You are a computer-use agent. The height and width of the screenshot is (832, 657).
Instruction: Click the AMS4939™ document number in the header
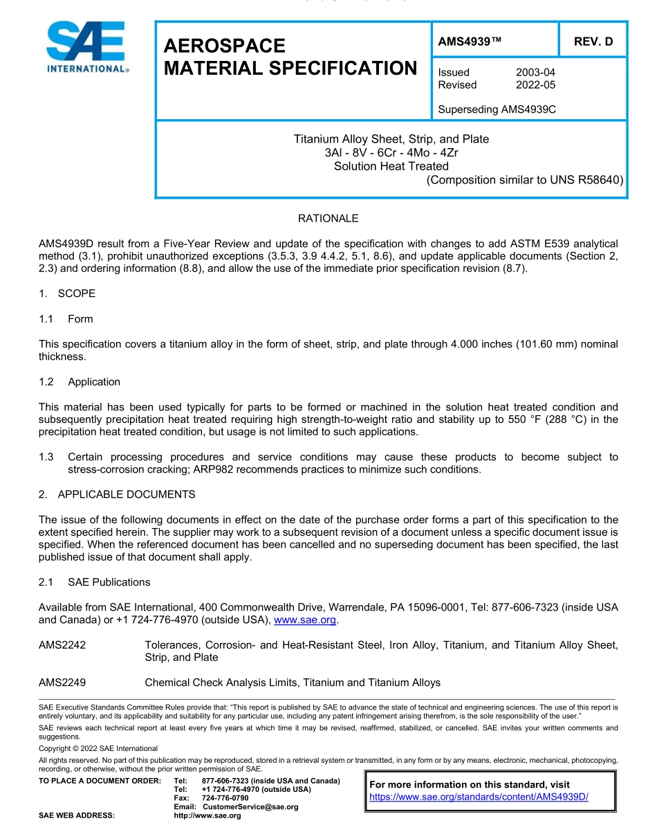(x=470, y=42)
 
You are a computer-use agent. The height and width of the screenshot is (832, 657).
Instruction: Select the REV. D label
(x=593, y=42)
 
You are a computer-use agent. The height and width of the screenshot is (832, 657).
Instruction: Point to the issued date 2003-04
(x=535, y=72)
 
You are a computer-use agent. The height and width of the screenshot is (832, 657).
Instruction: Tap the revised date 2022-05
(x=535, y=84)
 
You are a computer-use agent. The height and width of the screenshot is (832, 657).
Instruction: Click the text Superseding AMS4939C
(x=497, y=109)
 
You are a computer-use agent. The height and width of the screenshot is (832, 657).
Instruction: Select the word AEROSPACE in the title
(x=224, y=46)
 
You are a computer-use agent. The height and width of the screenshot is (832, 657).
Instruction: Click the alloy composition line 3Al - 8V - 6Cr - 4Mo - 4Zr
(x=391, y=153)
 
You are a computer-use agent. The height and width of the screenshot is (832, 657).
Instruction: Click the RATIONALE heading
(x=328, y=219)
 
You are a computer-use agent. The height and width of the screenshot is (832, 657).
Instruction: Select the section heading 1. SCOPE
(x=67, y=293)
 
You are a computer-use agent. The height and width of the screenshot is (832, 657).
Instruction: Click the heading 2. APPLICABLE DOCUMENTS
(x=117, y=494)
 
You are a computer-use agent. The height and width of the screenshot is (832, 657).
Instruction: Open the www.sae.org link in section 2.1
(x=305, y=620)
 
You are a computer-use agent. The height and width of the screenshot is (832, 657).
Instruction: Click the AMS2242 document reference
(x=62, y=645)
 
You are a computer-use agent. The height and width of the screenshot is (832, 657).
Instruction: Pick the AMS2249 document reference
(x=62, y=682)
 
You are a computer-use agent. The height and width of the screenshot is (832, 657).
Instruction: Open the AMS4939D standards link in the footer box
(x=479, y=797)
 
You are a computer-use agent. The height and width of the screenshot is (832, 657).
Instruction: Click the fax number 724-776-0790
(x=225, y=798)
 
